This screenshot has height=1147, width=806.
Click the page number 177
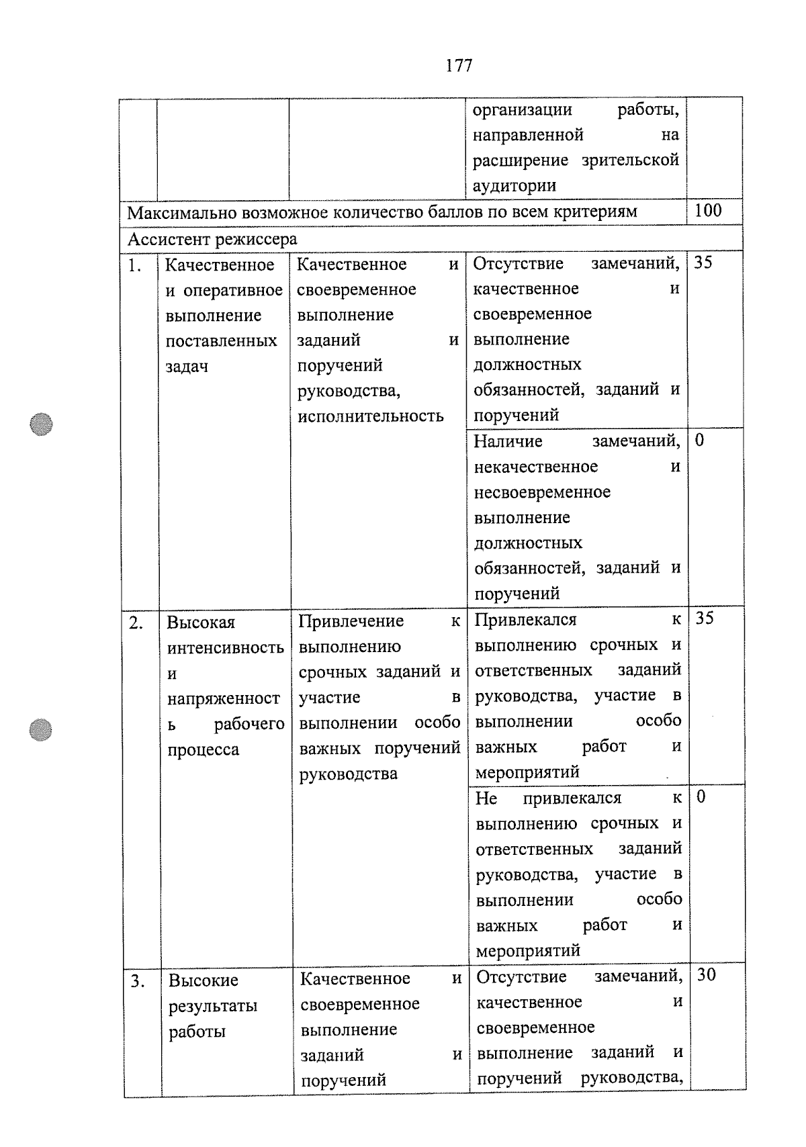click(x=459, y=65)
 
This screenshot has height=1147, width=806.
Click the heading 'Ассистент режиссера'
click(x=212, y=239)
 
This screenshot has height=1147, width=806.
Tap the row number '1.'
click(x=135, y=266)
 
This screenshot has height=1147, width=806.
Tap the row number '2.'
click(x=136, y=623)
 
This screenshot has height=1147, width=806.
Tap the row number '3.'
click(x=138, y=981)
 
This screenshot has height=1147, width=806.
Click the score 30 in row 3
click(x=706, y=974)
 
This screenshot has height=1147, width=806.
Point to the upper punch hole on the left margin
click(x=42, y=424)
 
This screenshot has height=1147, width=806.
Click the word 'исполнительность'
click(x=370, y=416)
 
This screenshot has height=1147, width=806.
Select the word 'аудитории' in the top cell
click(x=514, y=186)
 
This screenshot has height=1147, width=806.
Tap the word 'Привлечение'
click(x=351, y=621)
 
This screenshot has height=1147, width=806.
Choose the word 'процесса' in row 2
click(x=203, y=749)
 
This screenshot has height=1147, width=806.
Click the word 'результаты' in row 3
click(x=213, y=1006)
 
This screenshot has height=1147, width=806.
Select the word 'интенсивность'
click(x=225, y=648)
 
